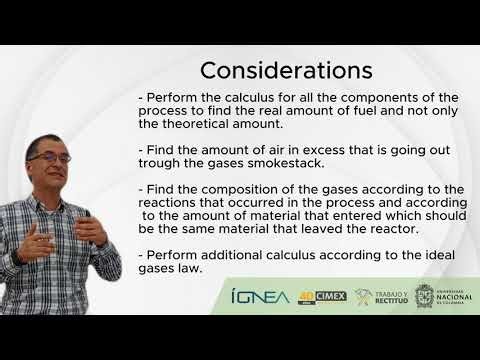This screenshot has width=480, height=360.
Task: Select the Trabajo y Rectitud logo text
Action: click(388, 297)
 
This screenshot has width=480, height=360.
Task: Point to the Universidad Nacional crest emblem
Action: click(424, 297)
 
